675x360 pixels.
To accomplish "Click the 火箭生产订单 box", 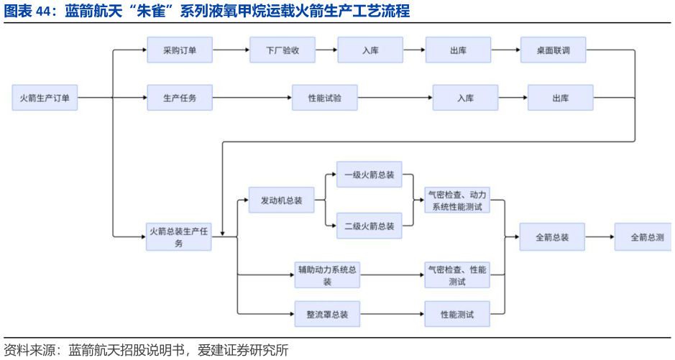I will tap(45, 98).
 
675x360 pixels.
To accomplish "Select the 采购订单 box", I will tap(180, 50).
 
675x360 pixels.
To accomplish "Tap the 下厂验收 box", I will tap(283, 50).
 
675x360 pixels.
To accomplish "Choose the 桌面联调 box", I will tap(553, 50).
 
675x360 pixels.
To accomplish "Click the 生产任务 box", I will tap(180, 98).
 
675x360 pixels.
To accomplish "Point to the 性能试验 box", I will tap(324, 98).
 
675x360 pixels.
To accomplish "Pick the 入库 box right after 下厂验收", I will tap(370, 50).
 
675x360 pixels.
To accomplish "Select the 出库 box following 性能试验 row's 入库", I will tap(561, 98).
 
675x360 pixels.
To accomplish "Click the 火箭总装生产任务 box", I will tap(179, 237).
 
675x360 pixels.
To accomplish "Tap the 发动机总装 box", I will tap(282, 200).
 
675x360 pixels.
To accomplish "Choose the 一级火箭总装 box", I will tap(369, 175).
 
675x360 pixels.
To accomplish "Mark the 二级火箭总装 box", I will tap(369, 226).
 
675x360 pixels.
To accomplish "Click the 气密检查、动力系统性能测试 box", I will tap(457, 200).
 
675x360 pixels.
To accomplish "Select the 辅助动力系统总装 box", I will tap(327, 275).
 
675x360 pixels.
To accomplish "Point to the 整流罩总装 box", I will tap(327, 314).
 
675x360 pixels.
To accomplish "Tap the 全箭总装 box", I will tap(552, 237).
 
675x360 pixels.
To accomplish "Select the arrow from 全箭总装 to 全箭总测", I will tap(600, 237).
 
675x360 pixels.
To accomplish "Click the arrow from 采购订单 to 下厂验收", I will tap(231, 50).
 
